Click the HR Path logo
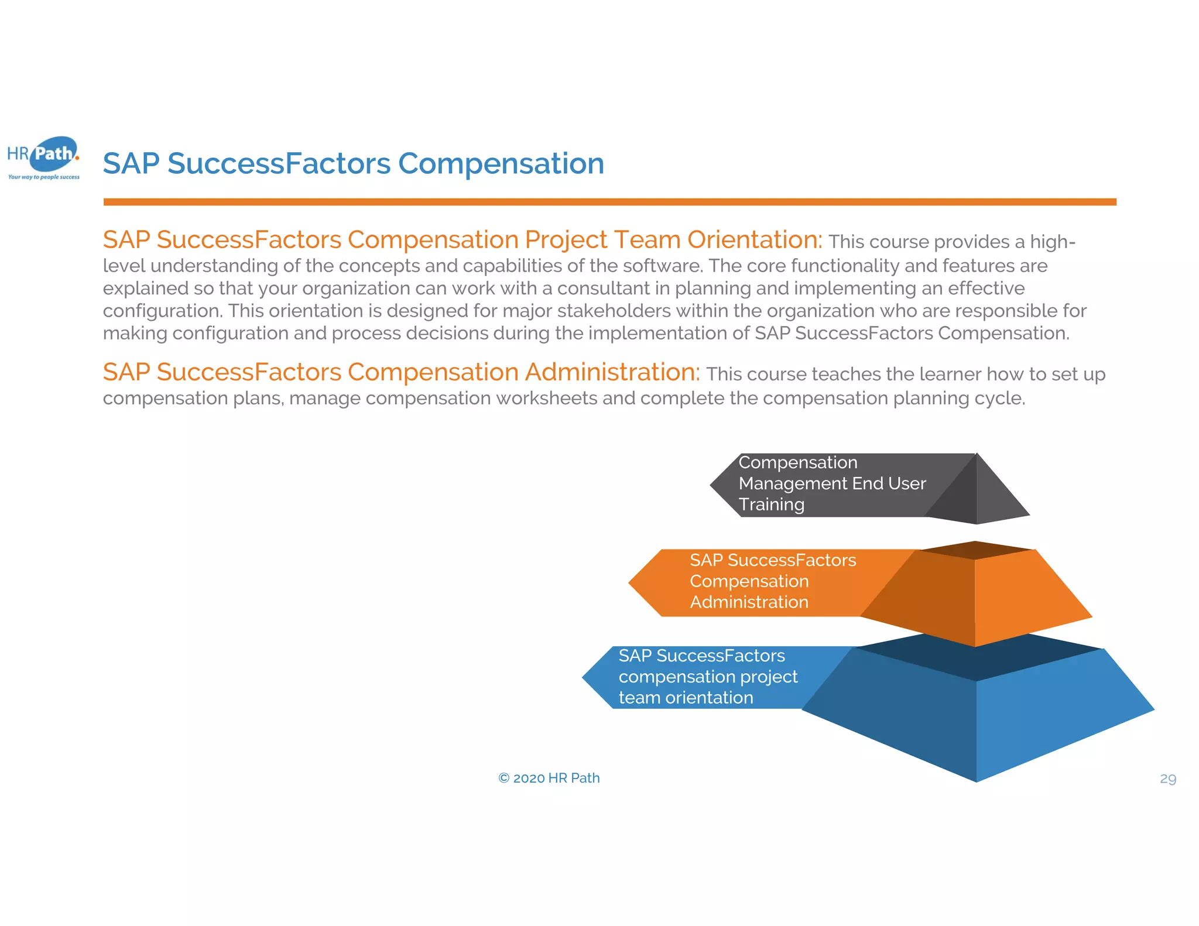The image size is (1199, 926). click(x=44, y=155)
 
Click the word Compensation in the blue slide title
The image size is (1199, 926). click(x=501, y=163)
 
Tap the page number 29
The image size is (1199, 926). click(x=1167, y=778)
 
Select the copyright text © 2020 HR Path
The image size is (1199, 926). click(x=549, y=778)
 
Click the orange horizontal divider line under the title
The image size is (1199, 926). click(x=609, y=202)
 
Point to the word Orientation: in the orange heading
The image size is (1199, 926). click(x=755, y=240)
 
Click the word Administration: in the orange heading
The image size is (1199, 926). click(x=612, y=372)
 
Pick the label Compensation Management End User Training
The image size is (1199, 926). click(x=831, y=483)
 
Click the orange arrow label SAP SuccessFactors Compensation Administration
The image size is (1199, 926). click(x=772, y=581)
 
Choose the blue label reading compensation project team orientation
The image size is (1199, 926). click(x=707, y=677)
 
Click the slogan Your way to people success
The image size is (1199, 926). click(x=44, y=177)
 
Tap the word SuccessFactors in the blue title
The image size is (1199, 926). click(x=279, y=163)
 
